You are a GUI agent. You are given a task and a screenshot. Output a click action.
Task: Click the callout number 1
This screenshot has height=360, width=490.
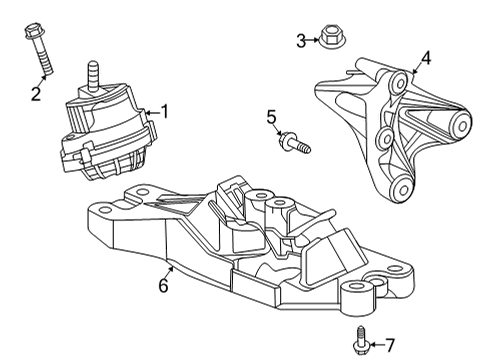click(166, 112)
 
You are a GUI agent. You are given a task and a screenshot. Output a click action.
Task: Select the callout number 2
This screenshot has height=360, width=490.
click(35, 94)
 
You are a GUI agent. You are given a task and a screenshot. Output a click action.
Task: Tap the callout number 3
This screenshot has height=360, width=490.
click(301, 40)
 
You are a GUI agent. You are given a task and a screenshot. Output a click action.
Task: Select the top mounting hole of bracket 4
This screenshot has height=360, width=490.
click(399, 78)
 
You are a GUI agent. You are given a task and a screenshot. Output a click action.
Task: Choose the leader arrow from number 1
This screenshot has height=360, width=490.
click(150, 114)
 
